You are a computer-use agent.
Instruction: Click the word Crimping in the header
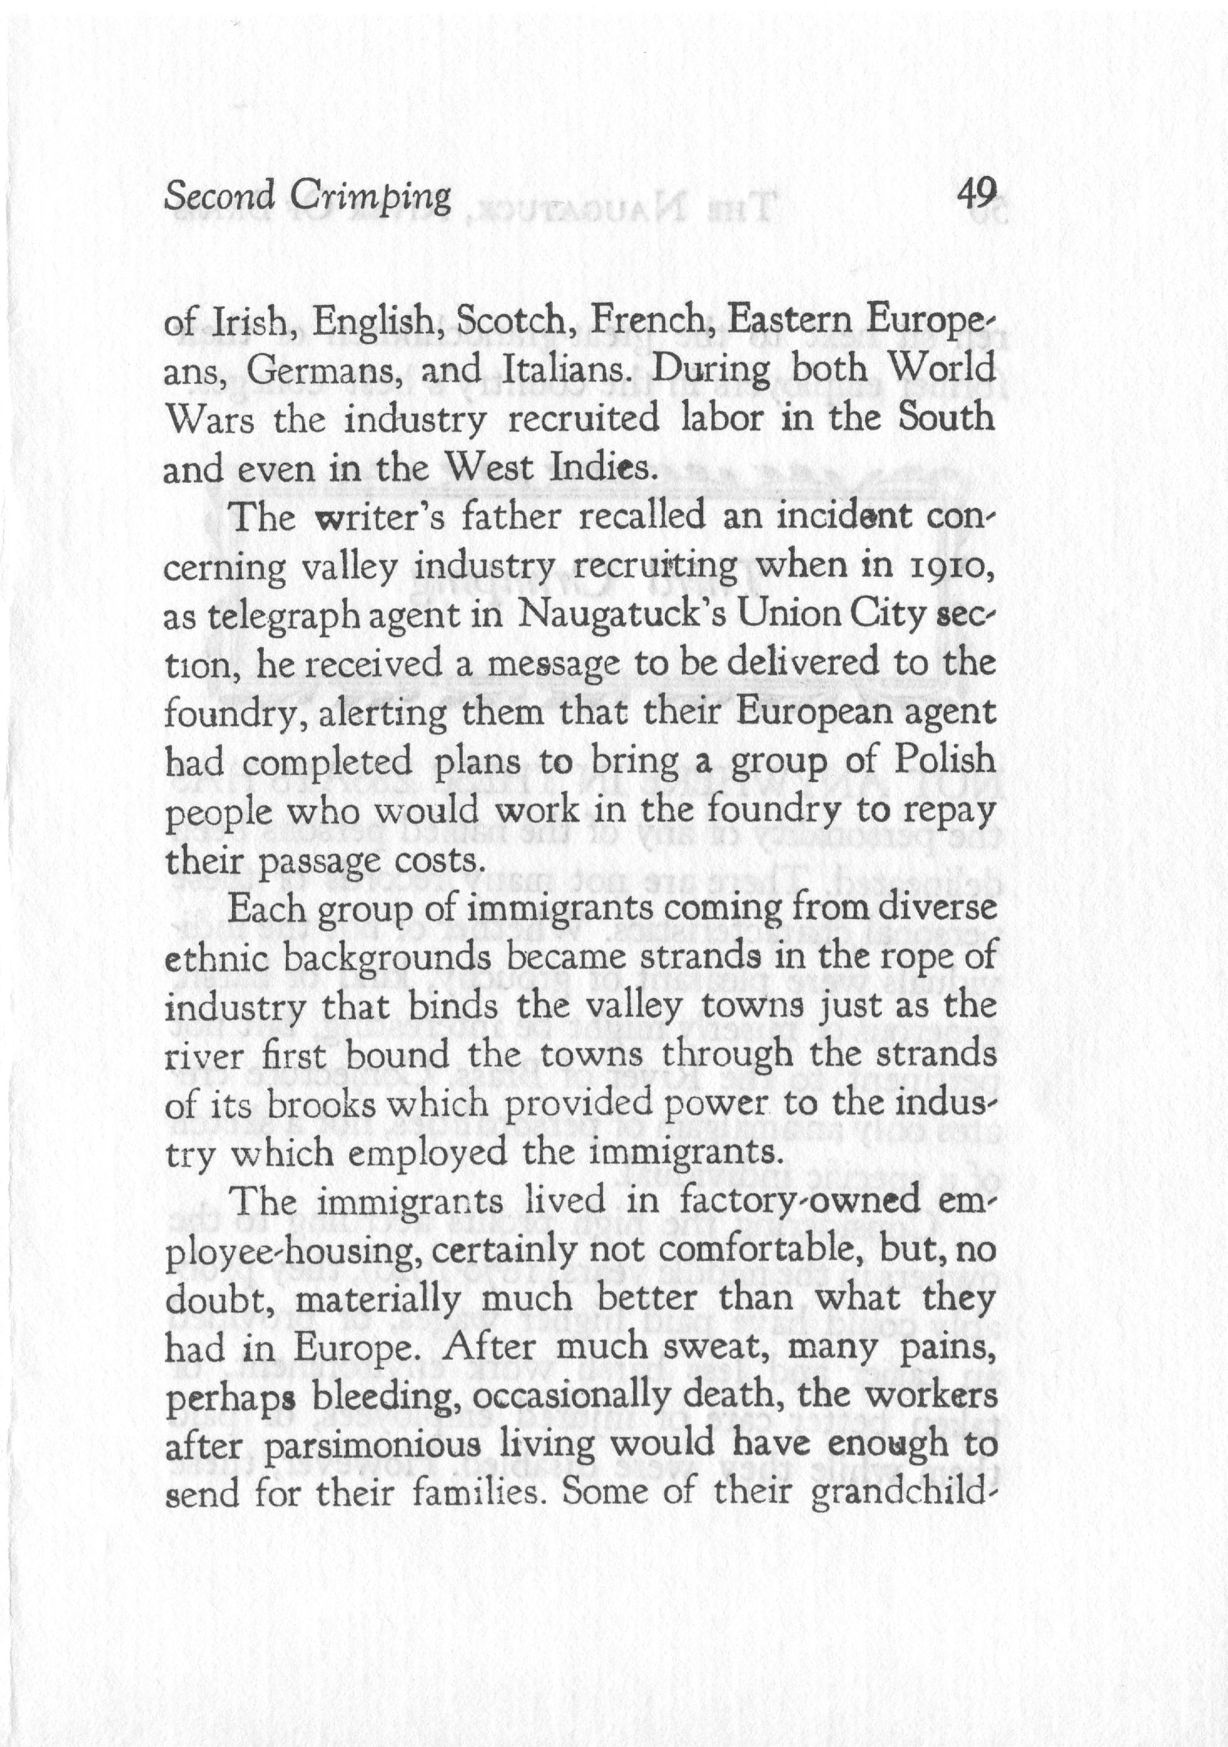[370, 197]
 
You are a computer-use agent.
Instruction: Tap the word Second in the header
[220, 197]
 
